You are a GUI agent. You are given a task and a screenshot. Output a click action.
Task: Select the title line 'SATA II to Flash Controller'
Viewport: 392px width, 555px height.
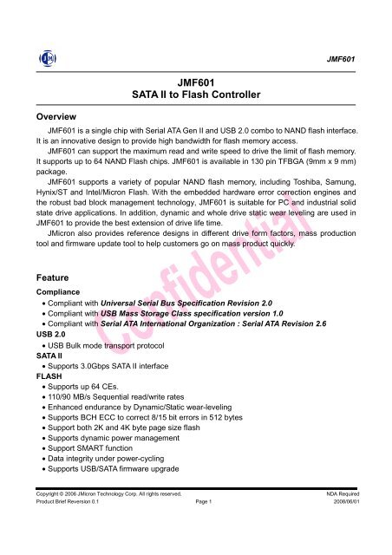(x=194, y=92)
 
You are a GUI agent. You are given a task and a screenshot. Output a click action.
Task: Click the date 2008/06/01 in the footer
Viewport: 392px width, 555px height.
(x=341, y=527)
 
